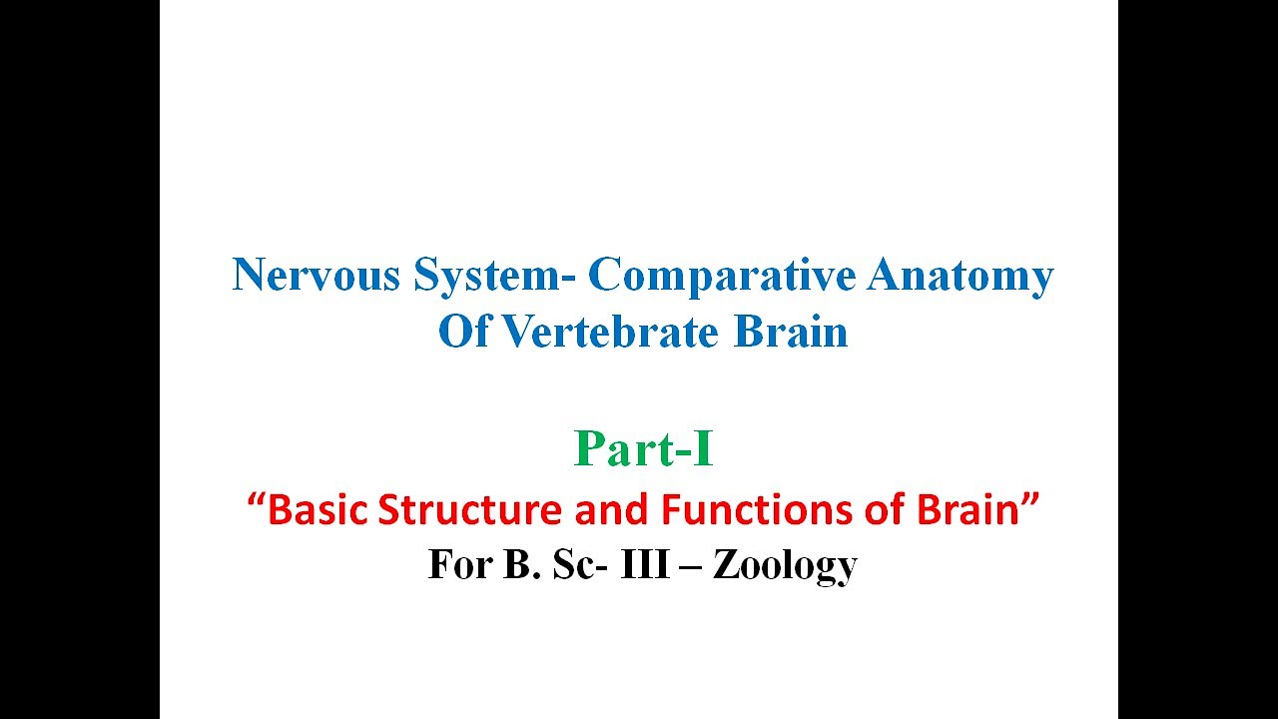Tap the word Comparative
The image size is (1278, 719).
pyautogui.click(x=721, y=276)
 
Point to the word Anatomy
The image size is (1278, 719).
pyautogui.click(x=959, y=276)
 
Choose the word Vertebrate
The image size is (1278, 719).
pyautogui.click(x=609, y=333)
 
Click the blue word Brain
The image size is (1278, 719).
pyautogui.click(x=791, y=333)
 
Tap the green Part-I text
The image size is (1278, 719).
pyautogui.click(x=644, y=450)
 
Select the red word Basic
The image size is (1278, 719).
pyautogui.click(x=319, y=510)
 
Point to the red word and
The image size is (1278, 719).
pyautogui.click(x=612, y=510)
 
